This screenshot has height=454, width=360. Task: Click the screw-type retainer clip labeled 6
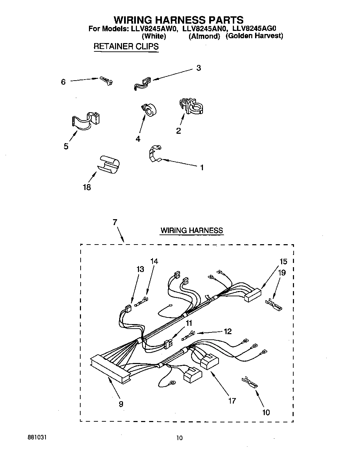click(x=107, y=80)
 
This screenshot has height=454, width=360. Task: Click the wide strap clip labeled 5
click(x=85, y=121)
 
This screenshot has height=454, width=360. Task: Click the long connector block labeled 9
click(x=110, y=369)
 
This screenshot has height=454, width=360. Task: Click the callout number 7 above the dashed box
click(x=115, y=222)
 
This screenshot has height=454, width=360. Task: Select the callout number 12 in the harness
click(x=228, y=331)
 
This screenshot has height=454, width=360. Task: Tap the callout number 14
click(x=154, y=261)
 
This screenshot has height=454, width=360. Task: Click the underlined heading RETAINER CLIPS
click(x=126, y=47)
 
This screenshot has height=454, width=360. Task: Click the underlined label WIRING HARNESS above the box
click(x=191, y=230)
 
